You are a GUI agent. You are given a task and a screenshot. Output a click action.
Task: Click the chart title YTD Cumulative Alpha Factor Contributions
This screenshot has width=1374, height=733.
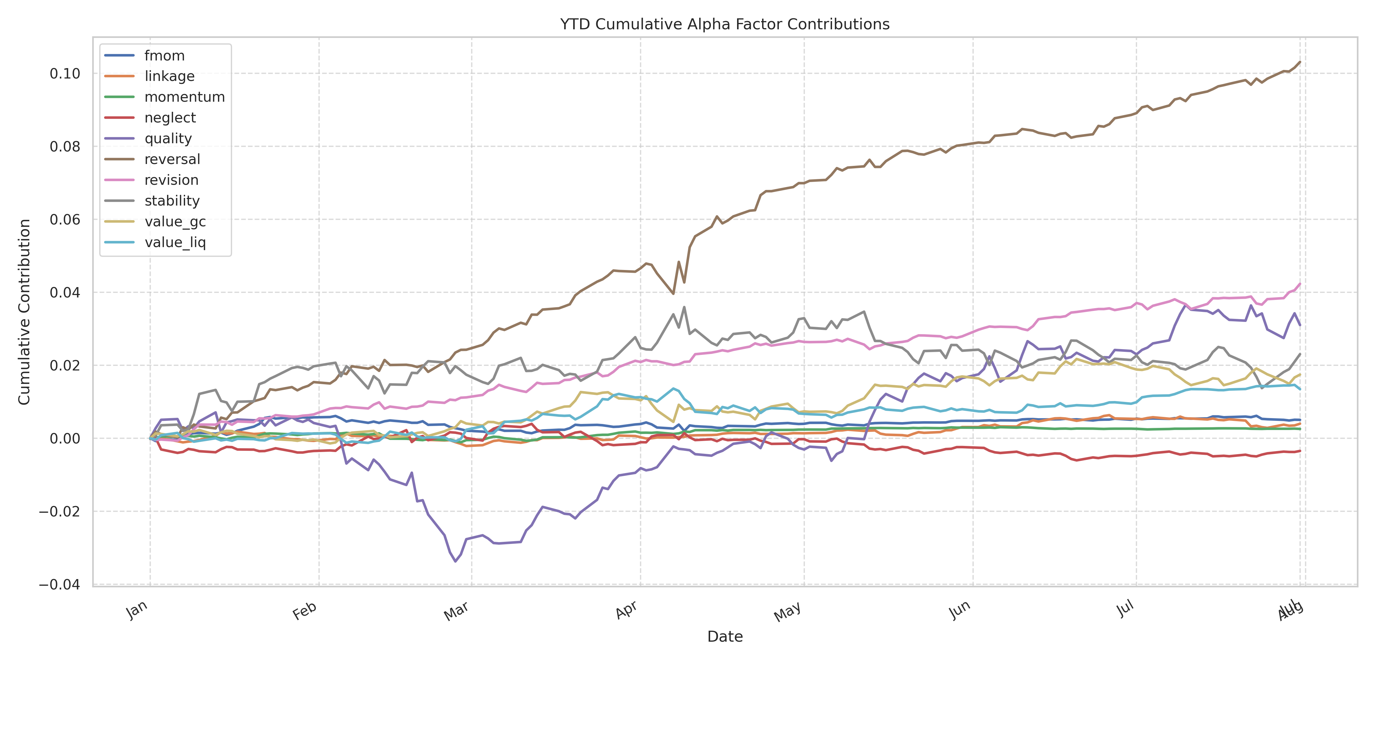pos(724,24)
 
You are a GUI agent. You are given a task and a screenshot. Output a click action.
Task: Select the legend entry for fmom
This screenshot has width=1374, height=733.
pos(164,56)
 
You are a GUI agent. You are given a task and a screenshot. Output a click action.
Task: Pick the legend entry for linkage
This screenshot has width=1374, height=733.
pos(169,76)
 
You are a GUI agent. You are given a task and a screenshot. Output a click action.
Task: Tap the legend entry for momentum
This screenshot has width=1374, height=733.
pos(184,97)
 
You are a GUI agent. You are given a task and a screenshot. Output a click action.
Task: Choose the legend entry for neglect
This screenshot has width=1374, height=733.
pos(170,118)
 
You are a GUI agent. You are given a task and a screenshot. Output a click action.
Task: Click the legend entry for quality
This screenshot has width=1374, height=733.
pos(168,139)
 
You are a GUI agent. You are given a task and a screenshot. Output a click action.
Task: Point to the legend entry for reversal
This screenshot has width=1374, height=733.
pos(172,159)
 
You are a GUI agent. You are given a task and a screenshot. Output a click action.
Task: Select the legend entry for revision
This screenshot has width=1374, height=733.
pos(171,180)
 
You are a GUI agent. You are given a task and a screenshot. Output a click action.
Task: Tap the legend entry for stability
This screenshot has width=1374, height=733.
pos(172,201)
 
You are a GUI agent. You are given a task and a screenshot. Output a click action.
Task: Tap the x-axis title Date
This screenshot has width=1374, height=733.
pos(724,636)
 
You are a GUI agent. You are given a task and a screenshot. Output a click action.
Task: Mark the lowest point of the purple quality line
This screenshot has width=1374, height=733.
pos(455,561)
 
